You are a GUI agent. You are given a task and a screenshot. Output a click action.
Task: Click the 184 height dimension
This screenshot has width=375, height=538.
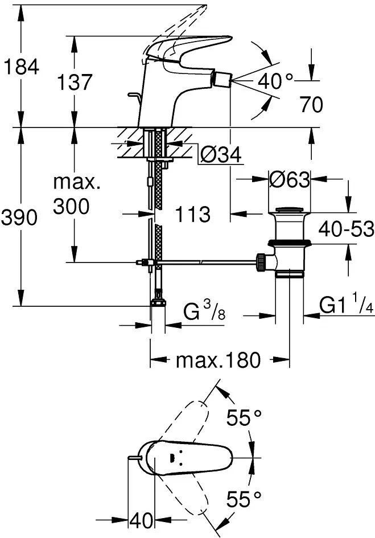point(21,67)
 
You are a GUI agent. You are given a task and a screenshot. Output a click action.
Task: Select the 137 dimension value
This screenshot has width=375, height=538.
point(75,83)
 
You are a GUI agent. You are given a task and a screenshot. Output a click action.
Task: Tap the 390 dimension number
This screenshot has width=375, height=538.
point(20,217)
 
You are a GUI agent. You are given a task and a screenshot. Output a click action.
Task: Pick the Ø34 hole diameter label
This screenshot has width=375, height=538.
point(221,154)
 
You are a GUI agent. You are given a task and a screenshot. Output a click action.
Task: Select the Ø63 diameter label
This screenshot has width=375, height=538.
point(289,180)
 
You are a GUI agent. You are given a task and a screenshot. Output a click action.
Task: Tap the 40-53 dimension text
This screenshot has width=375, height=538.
point(346,229)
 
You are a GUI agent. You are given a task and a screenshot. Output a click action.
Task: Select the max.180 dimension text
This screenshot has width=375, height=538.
point(217,360)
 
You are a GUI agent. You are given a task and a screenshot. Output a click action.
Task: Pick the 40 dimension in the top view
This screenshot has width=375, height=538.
point(141,520)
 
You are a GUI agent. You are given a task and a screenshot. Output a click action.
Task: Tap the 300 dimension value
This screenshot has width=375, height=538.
point(71,207)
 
